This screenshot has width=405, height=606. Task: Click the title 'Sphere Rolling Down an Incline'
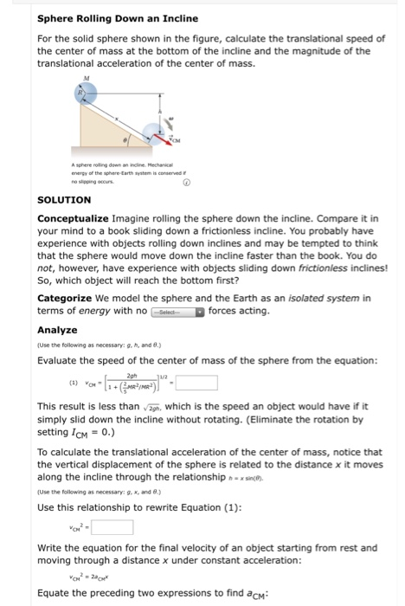coord(118,18)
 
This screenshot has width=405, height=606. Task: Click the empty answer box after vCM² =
coord(112,526)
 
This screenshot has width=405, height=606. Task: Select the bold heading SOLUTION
coord(65,198)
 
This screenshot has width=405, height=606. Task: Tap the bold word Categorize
coord(71,298)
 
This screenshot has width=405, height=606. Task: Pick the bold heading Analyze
coord(55,330)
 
